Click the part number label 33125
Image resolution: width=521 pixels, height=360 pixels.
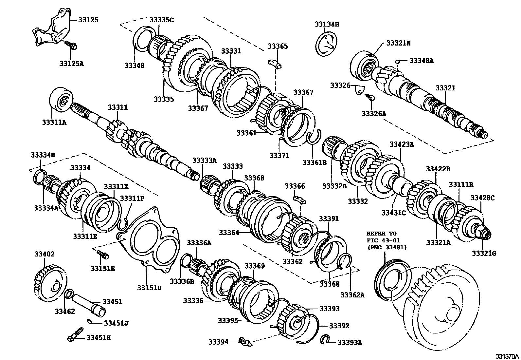88,20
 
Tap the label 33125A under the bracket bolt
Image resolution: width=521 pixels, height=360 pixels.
71,64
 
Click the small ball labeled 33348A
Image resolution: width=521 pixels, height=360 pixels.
398,62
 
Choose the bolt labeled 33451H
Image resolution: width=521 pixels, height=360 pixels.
75,335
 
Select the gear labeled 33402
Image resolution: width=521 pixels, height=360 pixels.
51,283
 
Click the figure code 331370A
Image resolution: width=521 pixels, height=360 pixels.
507,356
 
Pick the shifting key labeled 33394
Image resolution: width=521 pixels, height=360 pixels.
245,342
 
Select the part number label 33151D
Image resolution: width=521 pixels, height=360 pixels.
149,288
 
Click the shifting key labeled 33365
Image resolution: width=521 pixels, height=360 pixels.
275,64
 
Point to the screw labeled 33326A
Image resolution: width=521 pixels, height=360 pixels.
369,97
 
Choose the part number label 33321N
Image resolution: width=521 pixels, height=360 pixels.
399,43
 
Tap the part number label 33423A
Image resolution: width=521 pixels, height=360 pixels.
402,144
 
